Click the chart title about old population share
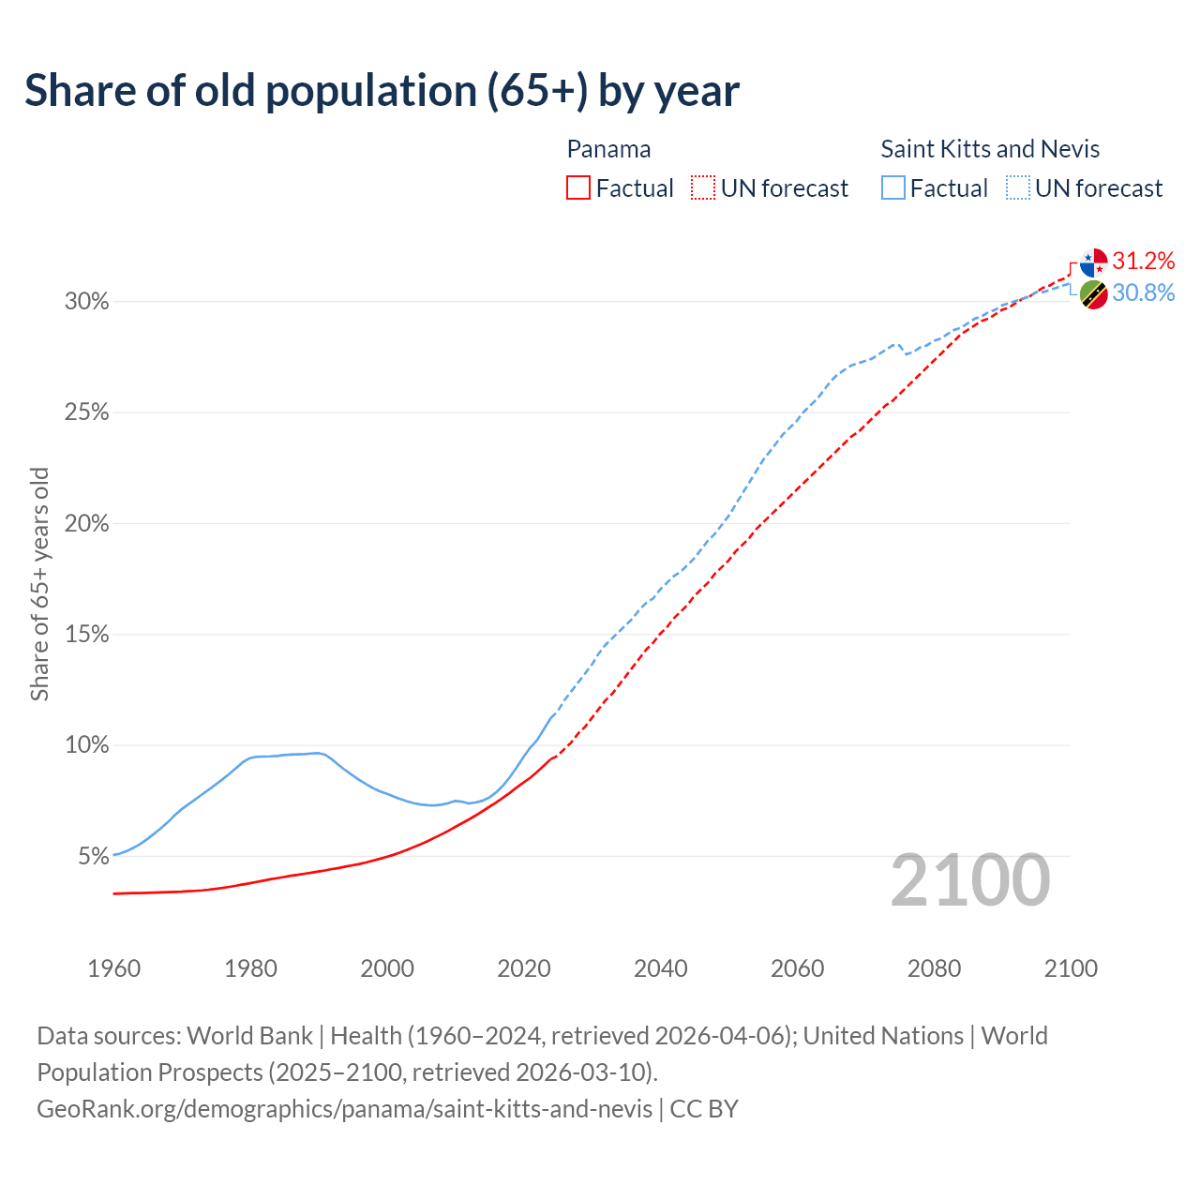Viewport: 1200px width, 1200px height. click(382, 91)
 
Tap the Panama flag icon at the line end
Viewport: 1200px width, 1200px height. click(1093, 262)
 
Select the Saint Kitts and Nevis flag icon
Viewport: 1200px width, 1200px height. click(1093, 294)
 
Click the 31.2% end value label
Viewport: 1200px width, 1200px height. click(1143, 261)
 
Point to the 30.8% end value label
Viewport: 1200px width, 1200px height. click(1143, 293)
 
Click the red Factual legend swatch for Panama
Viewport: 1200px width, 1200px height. click(578, 188)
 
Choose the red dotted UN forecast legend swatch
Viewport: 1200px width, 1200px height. click(703, 188)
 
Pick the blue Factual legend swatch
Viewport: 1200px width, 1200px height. click(893, 188)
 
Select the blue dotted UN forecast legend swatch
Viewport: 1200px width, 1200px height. click(1018, 188)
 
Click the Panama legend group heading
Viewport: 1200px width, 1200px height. click(608, 149)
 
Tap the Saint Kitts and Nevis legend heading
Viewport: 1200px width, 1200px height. click(990, 149)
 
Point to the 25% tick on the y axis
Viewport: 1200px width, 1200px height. click(86, 412)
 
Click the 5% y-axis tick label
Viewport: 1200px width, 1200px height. click(92, 856)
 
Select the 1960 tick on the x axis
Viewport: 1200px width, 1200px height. click(113, 968)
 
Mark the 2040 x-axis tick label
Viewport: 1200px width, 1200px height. click(661, 968)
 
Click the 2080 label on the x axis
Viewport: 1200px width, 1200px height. click(934, 968)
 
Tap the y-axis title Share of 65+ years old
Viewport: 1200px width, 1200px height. click(39, 583)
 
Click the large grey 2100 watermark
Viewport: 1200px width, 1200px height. click(970, 880)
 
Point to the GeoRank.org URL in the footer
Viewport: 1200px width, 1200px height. click(344, 1109)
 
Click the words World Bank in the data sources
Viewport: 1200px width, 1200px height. click(249, 1036)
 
